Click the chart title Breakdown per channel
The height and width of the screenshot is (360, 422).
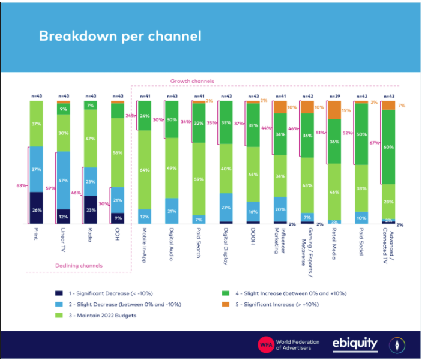tap(120, 36)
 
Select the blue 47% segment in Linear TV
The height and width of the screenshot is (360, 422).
tap(64, 180)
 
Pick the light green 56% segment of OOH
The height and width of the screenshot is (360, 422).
tap(118, 152)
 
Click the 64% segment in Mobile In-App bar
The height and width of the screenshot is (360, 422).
tap(145, 170)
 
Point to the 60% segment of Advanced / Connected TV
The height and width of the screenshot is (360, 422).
tap(388, 146)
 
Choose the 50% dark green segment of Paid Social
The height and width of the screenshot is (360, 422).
tap(362, 134)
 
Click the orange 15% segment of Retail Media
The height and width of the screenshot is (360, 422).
tap(334, 110)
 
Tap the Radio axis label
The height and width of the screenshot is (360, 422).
tap(91, 236)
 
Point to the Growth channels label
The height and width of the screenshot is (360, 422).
tap(192, 81)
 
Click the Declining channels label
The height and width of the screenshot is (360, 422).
tap(79, 265)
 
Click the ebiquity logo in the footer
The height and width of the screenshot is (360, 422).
tap(355, 344)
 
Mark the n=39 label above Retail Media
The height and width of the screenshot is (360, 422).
tap(334, 96)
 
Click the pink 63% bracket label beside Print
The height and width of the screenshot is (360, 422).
tap(21, 186)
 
